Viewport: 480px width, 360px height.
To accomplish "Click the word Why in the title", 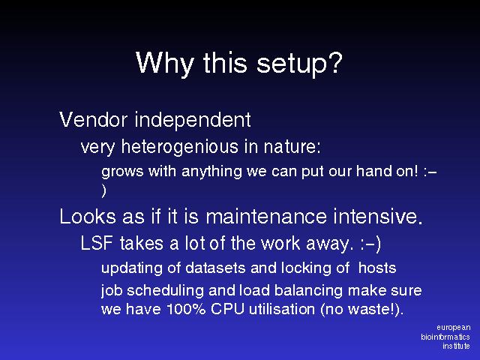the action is tap(165, 63).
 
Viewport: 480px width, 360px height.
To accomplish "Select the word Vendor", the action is tap(93, 119).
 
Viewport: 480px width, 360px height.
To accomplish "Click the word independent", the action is tap(193, 119).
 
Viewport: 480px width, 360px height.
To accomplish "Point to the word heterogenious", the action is tap(180, 146).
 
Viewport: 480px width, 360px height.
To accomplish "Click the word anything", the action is tap(211, 172).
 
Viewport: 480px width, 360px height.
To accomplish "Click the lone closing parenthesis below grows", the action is tap(104, 190).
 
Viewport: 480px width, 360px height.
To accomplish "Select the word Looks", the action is tap(88, 216).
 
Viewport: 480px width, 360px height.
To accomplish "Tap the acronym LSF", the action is tap(97, 243).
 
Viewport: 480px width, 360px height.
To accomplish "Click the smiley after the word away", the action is tap(370, 244).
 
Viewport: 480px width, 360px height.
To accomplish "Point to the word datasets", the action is tap(215, 268).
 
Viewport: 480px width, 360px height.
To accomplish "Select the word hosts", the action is tap(377, 268).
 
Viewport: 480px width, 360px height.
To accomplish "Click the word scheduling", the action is tap(165, 290).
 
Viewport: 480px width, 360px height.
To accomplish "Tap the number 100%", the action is tap(187, 308).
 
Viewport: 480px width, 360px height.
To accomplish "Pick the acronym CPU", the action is tap(227, 308).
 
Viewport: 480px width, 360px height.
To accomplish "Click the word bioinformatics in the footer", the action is tap(445, 337).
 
